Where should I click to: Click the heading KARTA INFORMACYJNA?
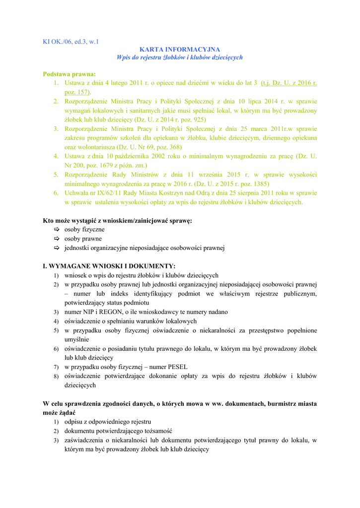pos(180,50)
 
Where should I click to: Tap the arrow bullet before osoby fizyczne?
pos(56,230)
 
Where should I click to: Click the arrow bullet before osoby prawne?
pos(56,239)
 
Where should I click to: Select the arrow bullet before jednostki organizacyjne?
pos(56,248)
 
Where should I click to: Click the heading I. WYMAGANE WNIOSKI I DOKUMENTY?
pos(109,266)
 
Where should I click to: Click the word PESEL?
pos(174,367)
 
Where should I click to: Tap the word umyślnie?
pos(76,339)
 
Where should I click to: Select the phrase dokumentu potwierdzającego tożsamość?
pos(118,431)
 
